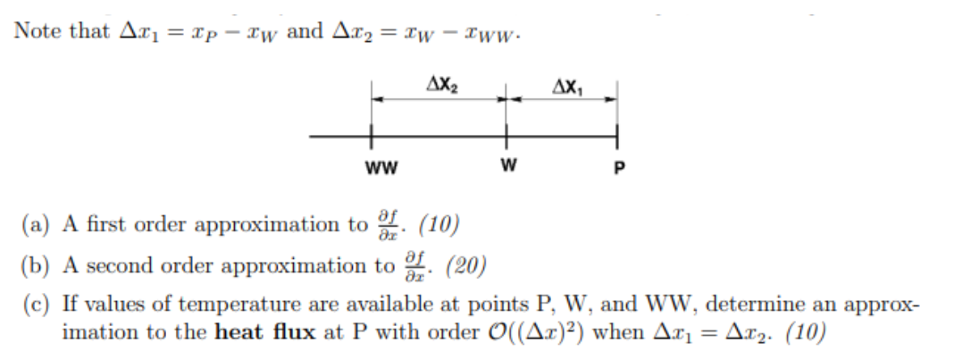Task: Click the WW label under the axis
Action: tap(381, 167)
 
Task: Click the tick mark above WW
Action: tap(372, 137)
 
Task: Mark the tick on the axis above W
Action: tap(506, 137)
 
